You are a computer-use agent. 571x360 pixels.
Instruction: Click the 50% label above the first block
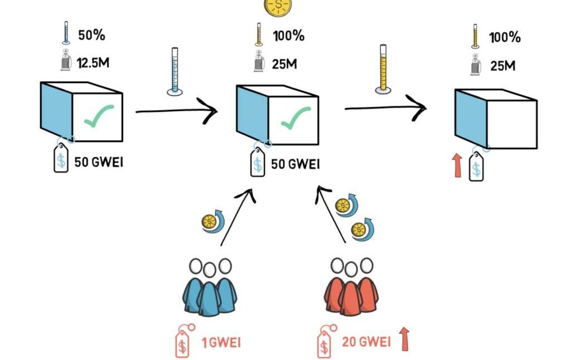[x=92, y=35]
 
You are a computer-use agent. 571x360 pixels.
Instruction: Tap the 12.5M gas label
[x=93, y=62]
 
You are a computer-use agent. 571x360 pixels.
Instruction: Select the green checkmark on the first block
[x=99, y=115]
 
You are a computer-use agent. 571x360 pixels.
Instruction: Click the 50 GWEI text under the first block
[x=99, y=163]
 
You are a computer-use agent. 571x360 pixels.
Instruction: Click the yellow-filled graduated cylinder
[x=383, y=69]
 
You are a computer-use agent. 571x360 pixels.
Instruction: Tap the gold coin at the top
[x=277, y=6]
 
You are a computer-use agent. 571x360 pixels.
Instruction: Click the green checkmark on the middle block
[x=295, y=118]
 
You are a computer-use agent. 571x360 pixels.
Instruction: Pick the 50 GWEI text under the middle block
[x=295, y=164]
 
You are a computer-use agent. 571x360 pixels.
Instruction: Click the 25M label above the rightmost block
[x=502, y=66]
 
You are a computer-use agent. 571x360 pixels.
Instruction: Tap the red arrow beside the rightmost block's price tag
[x=458, y=166]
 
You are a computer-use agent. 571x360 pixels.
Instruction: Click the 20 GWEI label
[x=366, y=342]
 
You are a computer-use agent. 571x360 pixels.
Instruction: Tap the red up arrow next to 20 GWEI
[x=404, y=338]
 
